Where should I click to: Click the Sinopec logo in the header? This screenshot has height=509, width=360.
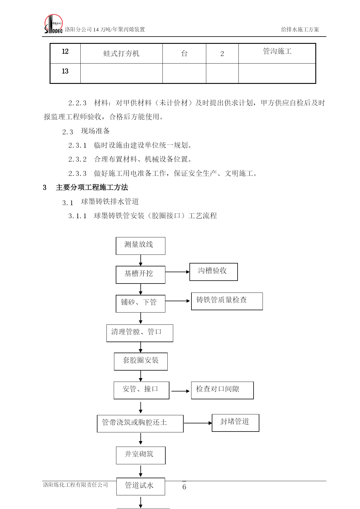coord(53,24)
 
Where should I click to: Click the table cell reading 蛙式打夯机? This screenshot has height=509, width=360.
coord(122,53)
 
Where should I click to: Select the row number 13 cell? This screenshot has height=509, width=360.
coord(65,73)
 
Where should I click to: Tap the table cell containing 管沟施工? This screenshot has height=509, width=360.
coord(277,53)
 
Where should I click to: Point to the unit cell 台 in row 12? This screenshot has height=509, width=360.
coord(184,53)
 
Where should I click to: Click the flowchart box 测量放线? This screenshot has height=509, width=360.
coord(140,246)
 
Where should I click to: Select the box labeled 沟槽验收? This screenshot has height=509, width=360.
coord(214,272)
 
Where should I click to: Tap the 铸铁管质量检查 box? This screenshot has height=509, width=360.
coord(227,301)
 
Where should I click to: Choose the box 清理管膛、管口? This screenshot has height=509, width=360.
coord(140,333)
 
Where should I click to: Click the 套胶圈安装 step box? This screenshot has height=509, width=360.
coord(141,362)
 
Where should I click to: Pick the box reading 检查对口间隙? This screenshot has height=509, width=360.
coord(222,390)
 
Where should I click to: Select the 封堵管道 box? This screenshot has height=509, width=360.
coord(236,423)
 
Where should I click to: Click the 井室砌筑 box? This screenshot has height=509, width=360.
coord(141,455)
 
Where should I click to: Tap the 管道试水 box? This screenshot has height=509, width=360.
coord(141,486)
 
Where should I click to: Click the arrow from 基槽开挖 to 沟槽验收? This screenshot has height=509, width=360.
coord(178,272)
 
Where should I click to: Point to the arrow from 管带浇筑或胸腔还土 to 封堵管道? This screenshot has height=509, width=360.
coord(198,423)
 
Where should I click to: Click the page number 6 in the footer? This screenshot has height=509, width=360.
coord(184,487)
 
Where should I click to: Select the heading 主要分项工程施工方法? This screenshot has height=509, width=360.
coord(92,187)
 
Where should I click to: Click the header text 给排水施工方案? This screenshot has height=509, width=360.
coord(300,29)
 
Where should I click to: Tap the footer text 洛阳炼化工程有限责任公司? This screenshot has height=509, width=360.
coord(75,485)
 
